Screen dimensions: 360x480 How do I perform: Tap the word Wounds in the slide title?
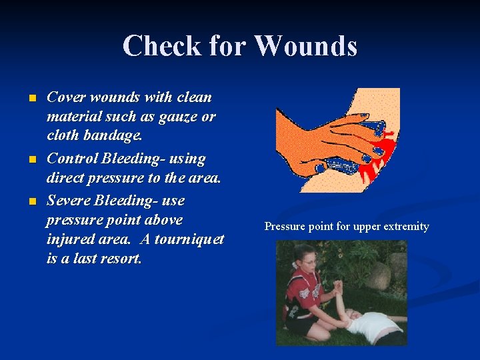[x=306, y=46]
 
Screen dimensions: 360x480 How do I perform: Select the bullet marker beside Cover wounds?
[x=32, y=98]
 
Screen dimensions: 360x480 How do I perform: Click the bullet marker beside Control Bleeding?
[x=32, y=159]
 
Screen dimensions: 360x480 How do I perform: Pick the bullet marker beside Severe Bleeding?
[x=32, y=201]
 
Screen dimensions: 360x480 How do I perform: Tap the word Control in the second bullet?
[x=72, y=159]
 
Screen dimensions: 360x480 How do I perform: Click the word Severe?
[x=69, y=200]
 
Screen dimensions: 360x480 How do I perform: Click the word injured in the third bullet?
[x=69, y=239]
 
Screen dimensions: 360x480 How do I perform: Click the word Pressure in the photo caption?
[x=285, y=227]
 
